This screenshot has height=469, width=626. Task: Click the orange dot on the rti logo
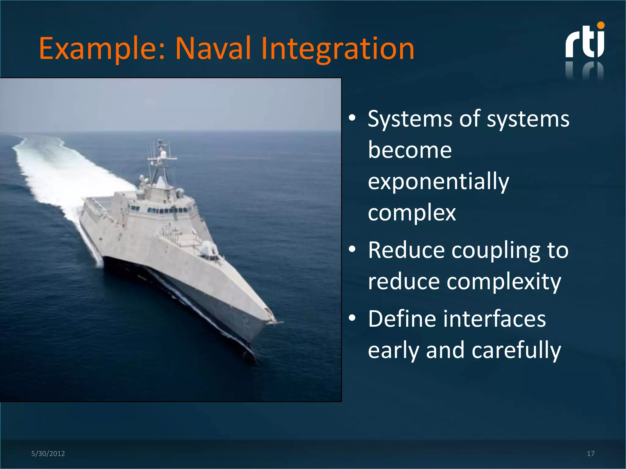click(601, 25)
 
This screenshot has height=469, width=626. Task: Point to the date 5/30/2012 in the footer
click(48, 453)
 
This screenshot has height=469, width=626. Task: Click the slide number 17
click(591, 453)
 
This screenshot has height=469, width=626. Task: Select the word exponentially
click(438, 181)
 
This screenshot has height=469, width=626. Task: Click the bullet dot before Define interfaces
click(352, 318)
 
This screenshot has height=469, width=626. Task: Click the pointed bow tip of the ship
click(277, 322)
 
